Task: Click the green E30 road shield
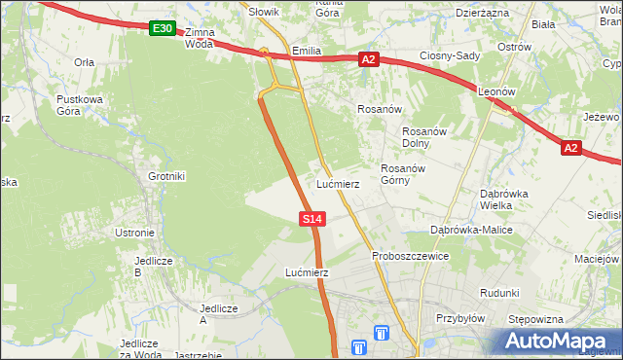163,29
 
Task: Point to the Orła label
84,61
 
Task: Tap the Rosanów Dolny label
423,137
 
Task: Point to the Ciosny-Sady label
450,55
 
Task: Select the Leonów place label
496,91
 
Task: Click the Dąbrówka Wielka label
503,198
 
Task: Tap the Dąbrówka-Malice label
471,230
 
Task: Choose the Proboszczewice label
410,256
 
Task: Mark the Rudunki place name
499,293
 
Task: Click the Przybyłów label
460,318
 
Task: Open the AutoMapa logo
556,342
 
